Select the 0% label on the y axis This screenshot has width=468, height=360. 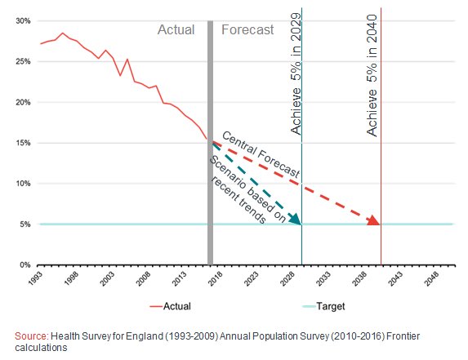tap(24, 265)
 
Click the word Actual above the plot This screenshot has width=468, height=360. tap(176, 30)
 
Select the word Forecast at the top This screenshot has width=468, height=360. tap(247, 30)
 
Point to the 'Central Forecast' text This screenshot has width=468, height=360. tap(261, 156)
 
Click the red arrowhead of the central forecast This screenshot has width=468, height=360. tap(373, 220)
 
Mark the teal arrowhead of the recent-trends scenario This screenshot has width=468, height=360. tap(295, 218)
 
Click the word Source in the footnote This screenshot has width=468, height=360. tap(32, 336)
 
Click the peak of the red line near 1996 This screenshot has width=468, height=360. tap(62, 33)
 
